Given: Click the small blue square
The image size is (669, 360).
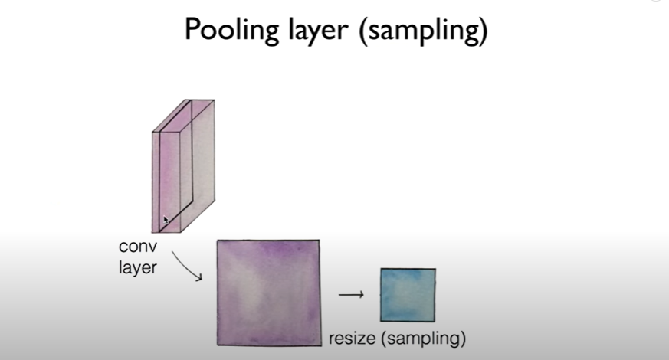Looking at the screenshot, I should pos(408,295).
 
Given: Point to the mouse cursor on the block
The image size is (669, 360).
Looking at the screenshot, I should pos(166,221).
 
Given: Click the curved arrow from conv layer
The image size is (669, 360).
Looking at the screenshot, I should pos(188,265).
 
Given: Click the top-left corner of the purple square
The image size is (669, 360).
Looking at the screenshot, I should pos(218,241).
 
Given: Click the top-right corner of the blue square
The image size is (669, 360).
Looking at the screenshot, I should pos(435,269).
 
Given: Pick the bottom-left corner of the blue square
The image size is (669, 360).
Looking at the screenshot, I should pos(381,321).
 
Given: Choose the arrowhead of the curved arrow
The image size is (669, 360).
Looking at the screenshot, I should pos(200,278).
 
